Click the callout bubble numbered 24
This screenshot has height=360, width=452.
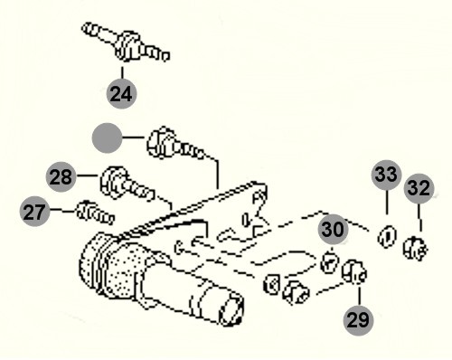tap(121, 93)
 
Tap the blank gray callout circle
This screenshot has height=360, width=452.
tap(107, 137)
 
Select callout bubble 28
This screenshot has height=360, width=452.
tap(61, 176)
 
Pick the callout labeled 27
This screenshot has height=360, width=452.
tap(35, 212)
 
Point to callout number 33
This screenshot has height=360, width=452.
tap(387, 175)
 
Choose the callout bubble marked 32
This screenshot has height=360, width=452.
tap(419, 188)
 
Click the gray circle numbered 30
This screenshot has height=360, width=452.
tap(333, 230)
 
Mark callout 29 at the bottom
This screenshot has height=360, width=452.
tap(358, 320)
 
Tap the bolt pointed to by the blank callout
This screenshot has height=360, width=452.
tap(174, 145)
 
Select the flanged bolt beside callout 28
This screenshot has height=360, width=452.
tap(127, 184)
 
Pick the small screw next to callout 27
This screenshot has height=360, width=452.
tap(95, 213)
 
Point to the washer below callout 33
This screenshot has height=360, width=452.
tap(387, 236)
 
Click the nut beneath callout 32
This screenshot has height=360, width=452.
tap(415, 248)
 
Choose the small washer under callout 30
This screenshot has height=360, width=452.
tap(330, 262)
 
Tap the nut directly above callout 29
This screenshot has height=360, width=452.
tap(354, 272)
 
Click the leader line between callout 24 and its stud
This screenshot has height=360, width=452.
tap(122, 71)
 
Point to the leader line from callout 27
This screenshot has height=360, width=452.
tap(62, 210)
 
